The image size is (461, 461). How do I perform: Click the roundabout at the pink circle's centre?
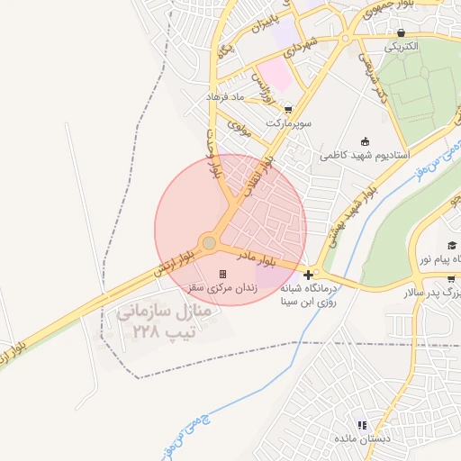coord(209,243)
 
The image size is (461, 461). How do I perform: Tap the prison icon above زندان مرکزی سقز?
coord(222,274)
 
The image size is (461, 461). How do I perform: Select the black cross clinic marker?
coord(309,274)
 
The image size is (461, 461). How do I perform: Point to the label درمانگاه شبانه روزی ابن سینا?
coord(309,294)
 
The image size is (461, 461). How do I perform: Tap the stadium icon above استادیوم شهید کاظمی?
coord(364,140)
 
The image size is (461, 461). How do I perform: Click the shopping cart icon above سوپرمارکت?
coord(287,109)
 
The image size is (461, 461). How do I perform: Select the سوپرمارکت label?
coord(288,122)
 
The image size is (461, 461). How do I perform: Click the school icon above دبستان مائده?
coord(362,425)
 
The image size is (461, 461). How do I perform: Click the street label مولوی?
coord(238,127)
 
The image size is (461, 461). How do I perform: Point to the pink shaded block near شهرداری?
coord(274,76)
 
